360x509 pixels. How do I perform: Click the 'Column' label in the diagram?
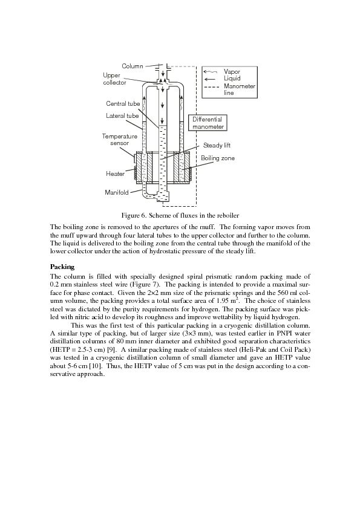click(x=133, y=66)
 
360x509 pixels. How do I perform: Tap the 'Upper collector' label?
click(x=114, y=79)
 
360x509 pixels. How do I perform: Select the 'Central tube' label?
click(x=123, y=103)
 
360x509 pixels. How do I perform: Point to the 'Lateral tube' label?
click(x=122, y=115)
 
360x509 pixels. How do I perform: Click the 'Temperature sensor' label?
click(x=120, y=140)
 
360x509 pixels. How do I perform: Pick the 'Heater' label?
click(x=115, y=173)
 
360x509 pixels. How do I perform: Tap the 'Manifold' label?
click(x=116, y=192)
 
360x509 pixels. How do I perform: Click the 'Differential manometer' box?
click(x=208, y=123)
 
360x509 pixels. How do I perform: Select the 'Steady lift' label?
click(x=217, y=145)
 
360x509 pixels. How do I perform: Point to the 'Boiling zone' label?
click(x=218, y=158)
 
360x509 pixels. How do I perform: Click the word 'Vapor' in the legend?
click(x=232, y=71)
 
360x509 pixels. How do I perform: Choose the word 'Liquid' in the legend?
click(x=232, y=78)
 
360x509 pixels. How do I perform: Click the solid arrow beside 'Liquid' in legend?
click(x=209, y=79)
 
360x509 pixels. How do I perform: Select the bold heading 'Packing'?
click(x=62, y=267)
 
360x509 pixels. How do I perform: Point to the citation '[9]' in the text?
click(x=110, y=349)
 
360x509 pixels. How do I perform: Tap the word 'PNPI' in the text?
click(x=284, y=333)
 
